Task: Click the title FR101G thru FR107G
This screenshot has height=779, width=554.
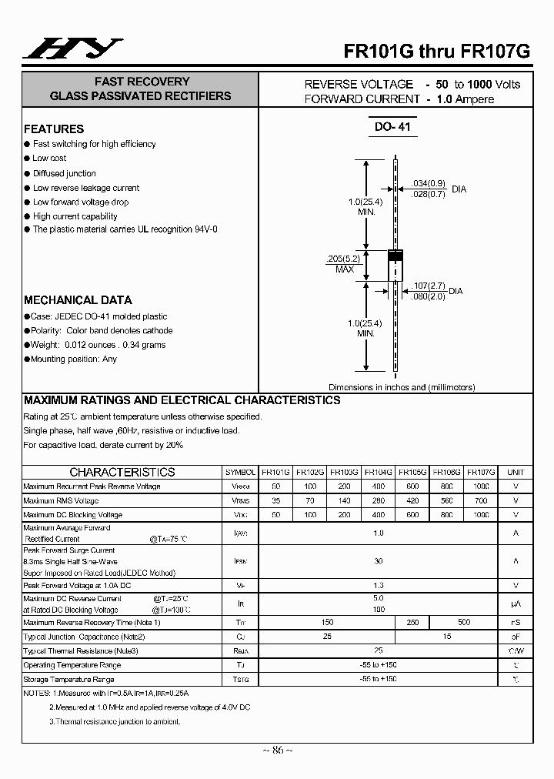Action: (436, 51)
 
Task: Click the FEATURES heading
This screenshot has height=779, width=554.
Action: (54, 129)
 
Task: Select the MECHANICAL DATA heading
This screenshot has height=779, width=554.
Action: (78, 300)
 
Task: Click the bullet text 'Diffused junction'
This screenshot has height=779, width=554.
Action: (65, 173)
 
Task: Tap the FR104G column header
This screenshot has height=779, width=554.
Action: (378, 473)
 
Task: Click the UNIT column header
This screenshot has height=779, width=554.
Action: (516, 473)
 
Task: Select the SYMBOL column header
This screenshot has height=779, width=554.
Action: (240, 473)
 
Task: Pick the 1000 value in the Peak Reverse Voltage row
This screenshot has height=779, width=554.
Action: (481, 486)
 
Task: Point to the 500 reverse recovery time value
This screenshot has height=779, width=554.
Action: (463, 622)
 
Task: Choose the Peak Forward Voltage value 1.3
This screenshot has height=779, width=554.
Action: (378, 586)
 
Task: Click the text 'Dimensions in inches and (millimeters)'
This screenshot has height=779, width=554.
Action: (402, 387)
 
